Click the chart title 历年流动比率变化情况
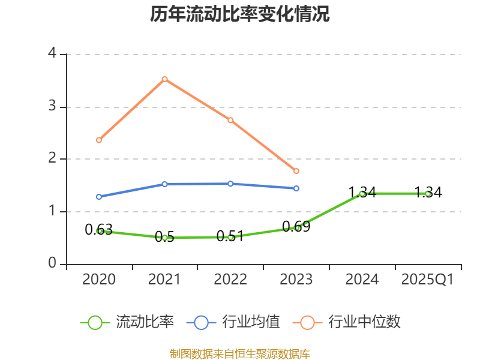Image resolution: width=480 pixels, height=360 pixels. coord(240,14)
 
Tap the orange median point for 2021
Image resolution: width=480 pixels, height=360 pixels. coord(164,79)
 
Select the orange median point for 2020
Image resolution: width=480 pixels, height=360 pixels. coord(99,140)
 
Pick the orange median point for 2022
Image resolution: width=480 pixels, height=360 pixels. coord(230,120)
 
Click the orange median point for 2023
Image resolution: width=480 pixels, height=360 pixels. coord(296,172)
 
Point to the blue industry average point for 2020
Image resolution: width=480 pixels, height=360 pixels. coord(99,197)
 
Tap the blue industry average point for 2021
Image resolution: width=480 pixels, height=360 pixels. coord(164,184)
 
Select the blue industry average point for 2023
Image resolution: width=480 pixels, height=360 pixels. coord(296,188)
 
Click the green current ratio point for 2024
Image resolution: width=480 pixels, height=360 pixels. coord(362,193)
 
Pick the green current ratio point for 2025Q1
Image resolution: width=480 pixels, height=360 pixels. coord(428,194)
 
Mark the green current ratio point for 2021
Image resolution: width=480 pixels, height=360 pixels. coord(164,238)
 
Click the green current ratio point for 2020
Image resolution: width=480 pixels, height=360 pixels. coord(99,230)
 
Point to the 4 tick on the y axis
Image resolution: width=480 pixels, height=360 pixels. coord(52,54)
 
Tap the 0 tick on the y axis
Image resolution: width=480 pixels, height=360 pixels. coord(52,264)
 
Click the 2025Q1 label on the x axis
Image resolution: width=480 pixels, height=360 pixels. coord(428,280)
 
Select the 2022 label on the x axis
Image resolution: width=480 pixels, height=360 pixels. coord(230,280)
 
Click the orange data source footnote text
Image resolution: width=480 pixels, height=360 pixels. coord(240,354)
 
